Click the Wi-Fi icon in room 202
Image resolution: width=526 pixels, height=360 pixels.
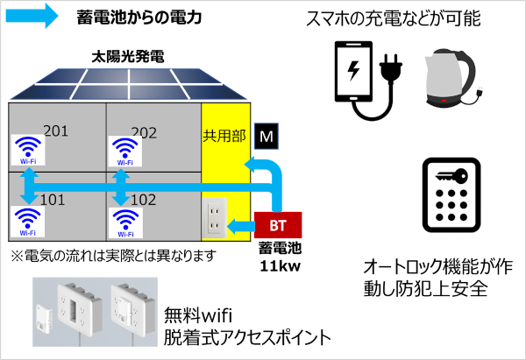tap(124, 152)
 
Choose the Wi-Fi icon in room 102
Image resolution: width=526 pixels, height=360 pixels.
tap(124, 220)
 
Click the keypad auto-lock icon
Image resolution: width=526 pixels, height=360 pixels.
tap(449, 197)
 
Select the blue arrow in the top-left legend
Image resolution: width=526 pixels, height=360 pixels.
tap(32, 15)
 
